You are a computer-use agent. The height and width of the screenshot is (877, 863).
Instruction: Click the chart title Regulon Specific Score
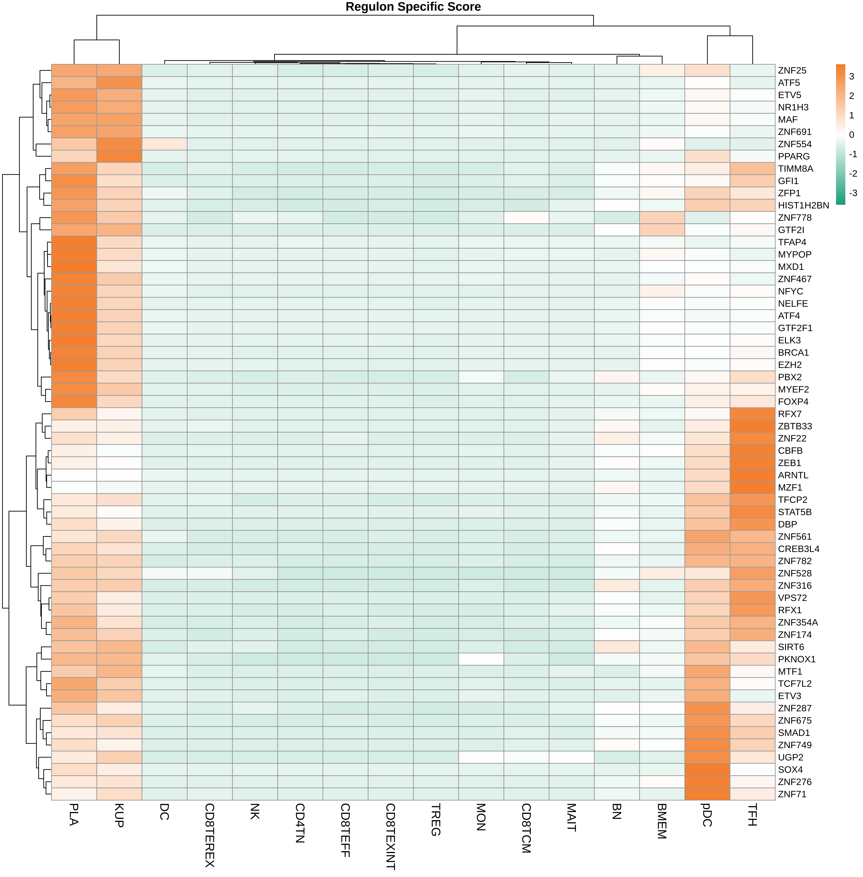click(x=413, y=7)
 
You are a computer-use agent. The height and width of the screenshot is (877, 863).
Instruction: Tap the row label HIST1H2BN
click(x=803, y=205)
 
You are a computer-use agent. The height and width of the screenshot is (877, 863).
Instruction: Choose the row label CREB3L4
click(x=799, y=549)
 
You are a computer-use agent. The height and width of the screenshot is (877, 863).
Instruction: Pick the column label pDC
click(x=707, y=815)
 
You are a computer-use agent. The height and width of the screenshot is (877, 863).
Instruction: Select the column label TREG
click(x=436, y=819)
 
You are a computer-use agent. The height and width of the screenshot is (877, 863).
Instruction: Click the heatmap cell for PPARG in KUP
click(x=119, y=157)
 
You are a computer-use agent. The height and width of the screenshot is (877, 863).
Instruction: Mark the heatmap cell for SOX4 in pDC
click(x=707, y=769)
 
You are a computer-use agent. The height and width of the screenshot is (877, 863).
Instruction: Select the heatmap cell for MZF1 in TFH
click(x=752, y=487)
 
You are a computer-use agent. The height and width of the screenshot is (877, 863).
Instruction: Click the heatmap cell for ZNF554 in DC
click(x=165, y=144)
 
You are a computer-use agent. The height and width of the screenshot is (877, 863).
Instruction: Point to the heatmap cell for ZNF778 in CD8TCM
click(x=526, y=218)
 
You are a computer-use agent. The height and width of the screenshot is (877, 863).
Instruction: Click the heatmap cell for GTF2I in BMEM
click(x=662, y=230)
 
